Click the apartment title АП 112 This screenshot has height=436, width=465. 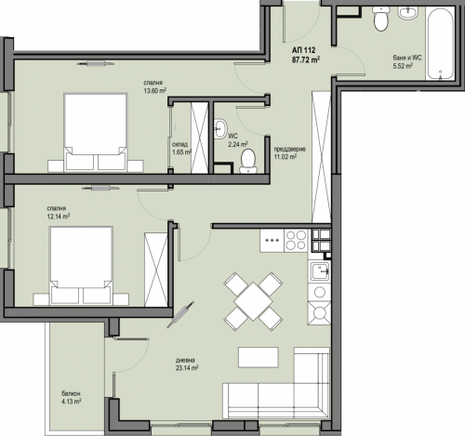click(303, 50)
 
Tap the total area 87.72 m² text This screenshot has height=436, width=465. click(306, 59)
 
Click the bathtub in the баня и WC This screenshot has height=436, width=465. click(440, 44)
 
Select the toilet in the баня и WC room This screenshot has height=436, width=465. click(380, 19)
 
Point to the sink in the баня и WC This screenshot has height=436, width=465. click(408, 13)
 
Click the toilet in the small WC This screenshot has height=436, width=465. click(248, 161)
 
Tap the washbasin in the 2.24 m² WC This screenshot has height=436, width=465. click(220, 128)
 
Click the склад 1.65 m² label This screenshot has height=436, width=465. click(181, 148)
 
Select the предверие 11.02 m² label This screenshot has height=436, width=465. click(289, 152)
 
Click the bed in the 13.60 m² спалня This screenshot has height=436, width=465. click(95, 132)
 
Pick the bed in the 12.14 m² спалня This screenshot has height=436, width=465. click(81, 266)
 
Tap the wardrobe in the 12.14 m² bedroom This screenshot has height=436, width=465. click(156, 270)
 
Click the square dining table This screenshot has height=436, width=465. click(253, 301)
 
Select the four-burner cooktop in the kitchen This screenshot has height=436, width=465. click(296, 241)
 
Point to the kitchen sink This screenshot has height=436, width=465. click(319, 271)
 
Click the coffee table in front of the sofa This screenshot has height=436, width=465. click(259, 357)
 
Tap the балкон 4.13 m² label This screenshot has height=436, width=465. click(72, 398)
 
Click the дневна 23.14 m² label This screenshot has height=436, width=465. click(187, 364)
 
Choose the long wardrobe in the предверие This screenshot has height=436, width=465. click(321, 157)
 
